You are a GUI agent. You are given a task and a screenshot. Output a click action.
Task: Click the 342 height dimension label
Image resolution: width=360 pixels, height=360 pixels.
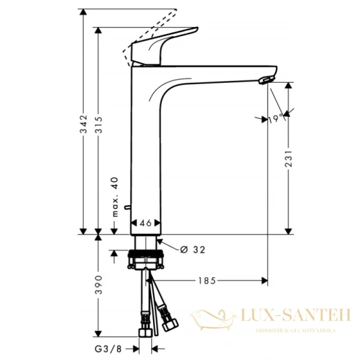point(84,123)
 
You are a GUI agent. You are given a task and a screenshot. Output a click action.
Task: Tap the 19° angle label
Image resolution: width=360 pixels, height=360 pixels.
point(275,119)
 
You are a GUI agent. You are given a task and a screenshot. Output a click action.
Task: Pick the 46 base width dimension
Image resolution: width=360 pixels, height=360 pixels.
point(145,223)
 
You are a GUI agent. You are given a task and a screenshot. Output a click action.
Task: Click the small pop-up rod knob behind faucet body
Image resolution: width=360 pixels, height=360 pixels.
point(127,208)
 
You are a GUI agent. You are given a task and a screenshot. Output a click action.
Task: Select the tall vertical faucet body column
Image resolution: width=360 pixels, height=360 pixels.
point(146,150)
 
